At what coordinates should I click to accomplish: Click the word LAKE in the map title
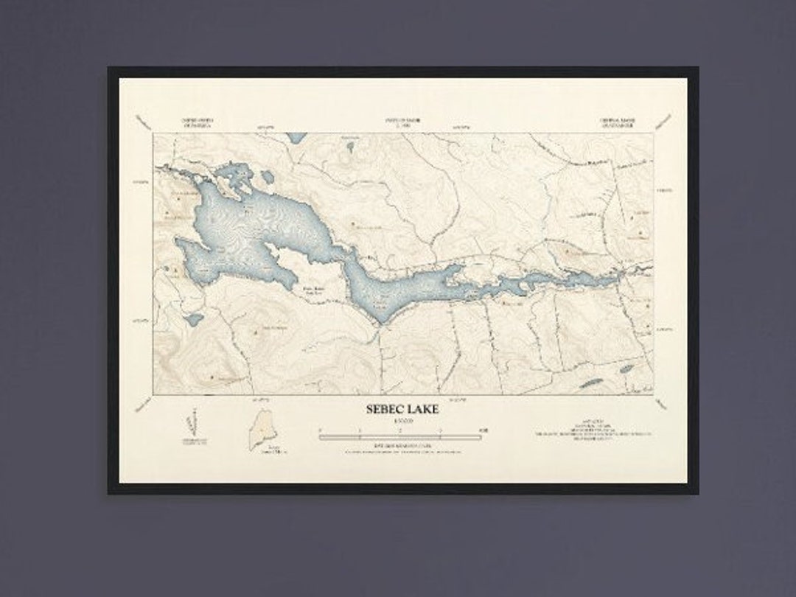click(x=422, y=409)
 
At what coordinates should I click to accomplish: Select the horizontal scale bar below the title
click(x=400, y=436)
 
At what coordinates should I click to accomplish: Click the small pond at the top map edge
click(x=296, y=137)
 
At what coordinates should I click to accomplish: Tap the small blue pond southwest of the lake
click(x=194, y=320)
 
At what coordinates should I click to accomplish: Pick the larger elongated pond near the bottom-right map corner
click(x=590, y=382)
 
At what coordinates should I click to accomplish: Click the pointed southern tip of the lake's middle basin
click(x=380, y=321)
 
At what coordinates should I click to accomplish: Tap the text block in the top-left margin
click(x=192, y=122)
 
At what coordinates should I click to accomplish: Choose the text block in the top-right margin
click(x=618, y=122)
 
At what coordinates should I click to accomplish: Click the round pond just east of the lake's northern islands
click(x=267, y=178)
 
